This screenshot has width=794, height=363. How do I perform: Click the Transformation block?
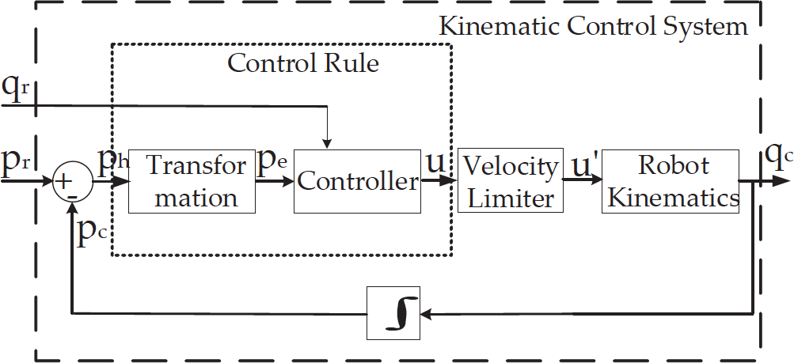192,181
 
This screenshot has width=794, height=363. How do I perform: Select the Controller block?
358,181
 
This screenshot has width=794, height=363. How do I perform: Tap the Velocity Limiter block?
511,180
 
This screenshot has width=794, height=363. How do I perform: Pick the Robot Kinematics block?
671,181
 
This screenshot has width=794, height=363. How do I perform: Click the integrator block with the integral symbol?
394,313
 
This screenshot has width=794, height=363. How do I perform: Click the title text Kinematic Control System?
593,26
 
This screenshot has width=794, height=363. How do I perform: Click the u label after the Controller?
435,163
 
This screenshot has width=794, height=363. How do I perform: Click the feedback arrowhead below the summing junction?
73,206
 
